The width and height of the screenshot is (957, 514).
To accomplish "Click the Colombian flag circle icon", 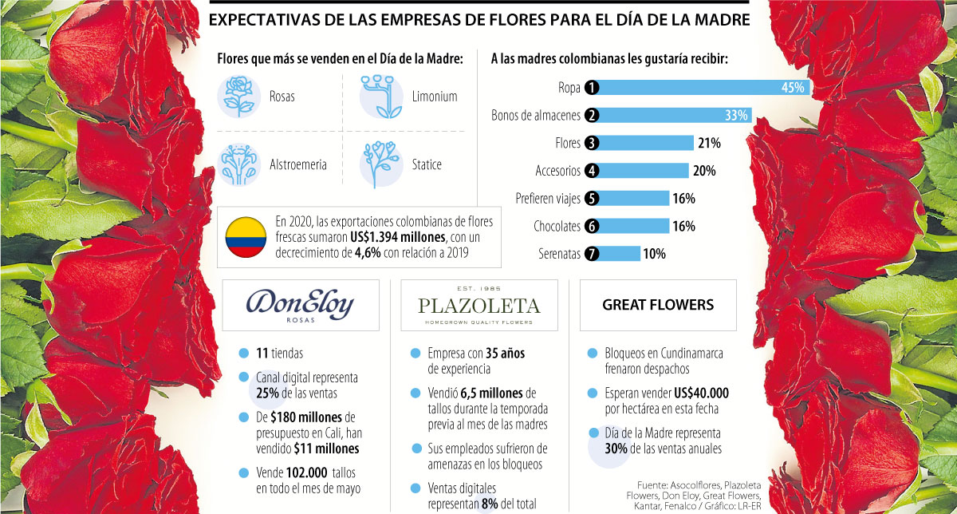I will coord(246,235).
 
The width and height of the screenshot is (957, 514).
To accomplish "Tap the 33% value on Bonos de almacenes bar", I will coord(736,116).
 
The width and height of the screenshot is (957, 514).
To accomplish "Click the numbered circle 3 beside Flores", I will coord(592,144).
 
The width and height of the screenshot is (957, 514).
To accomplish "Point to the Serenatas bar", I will coord(620,254).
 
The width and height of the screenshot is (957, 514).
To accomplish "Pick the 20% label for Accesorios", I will coord(704,171).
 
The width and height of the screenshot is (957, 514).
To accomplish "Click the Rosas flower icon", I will coord(238,96).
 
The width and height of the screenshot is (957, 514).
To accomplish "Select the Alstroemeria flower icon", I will coord(238,164).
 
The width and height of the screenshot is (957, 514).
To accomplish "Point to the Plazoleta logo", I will coord(478,305).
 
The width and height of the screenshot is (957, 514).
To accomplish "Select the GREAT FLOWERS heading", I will coord(658,305).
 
